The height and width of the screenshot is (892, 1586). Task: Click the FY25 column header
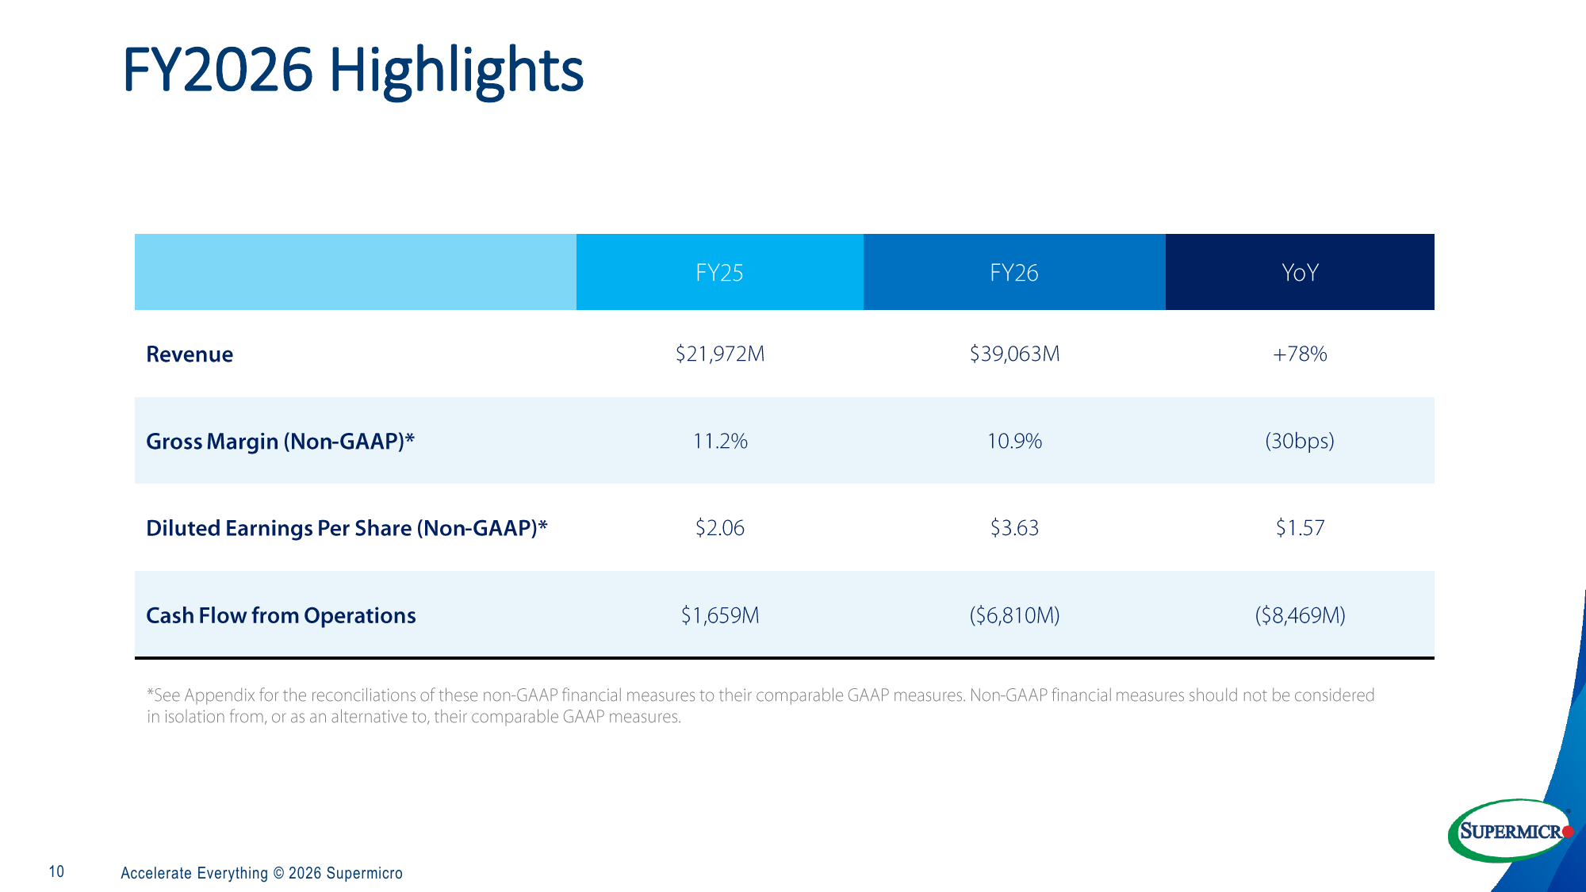[x=719, y=273]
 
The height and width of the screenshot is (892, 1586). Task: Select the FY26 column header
[x=1014, y=273]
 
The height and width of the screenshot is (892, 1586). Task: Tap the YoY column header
[x=1300, y=273]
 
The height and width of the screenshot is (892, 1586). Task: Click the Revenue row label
[x=190, y=354]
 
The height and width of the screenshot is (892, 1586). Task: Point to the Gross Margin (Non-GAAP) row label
[x=281, y=442]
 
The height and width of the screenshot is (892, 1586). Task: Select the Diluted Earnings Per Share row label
[x=347, y=529]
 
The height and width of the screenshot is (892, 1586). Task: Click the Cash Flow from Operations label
[x=282, y=616]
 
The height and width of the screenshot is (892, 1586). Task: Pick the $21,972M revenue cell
[x=720, y=354]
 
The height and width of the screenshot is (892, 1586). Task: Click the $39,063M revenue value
[x=1014, y=354]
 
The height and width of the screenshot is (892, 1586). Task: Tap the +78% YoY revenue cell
[x=1300, y=354]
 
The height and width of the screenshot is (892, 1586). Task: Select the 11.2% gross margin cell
[x=720, y=441]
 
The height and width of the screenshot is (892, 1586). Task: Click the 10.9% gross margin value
[x=1014, y=441]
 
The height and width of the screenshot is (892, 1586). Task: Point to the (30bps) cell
[x=1300, y=441]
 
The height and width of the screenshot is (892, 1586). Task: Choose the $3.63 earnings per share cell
[x=1014, y=528]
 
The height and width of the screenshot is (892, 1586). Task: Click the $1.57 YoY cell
[x=1300, y=528]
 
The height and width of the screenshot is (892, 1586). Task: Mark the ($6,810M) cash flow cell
[x=1014, y=615]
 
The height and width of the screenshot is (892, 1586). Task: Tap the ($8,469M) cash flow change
[x=1300, y=615]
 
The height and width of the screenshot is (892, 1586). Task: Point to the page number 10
[x=56, y=872]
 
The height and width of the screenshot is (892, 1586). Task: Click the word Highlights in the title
[x=456, y=71]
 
